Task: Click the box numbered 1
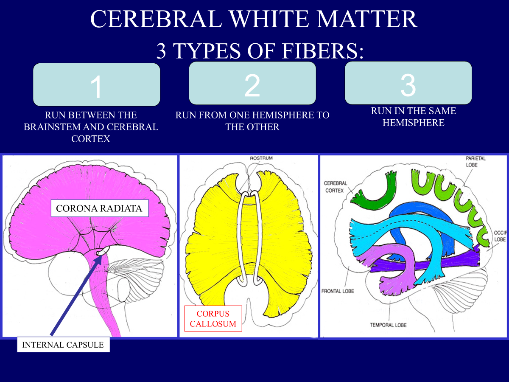coord(97,85)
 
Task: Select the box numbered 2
coord(252,83)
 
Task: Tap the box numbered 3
coord(408,83)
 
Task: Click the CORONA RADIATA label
coord(99,209)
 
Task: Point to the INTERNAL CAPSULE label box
coord(63,345)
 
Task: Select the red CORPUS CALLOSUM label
coord(213,319)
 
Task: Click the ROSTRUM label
coord(261,158)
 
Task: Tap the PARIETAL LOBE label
coord(475,162)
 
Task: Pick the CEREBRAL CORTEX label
coord(336,187)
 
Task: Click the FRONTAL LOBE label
coord(338,291)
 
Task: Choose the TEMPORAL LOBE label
coord(388,325)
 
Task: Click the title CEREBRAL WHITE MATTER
coord(254,19)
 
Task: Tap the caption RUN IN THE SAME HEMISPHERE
coord(413,117)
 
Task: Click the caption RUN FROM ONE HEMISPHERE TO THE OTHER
coord(252,121)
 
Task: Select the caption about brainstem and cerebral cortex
coord(91,126)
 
